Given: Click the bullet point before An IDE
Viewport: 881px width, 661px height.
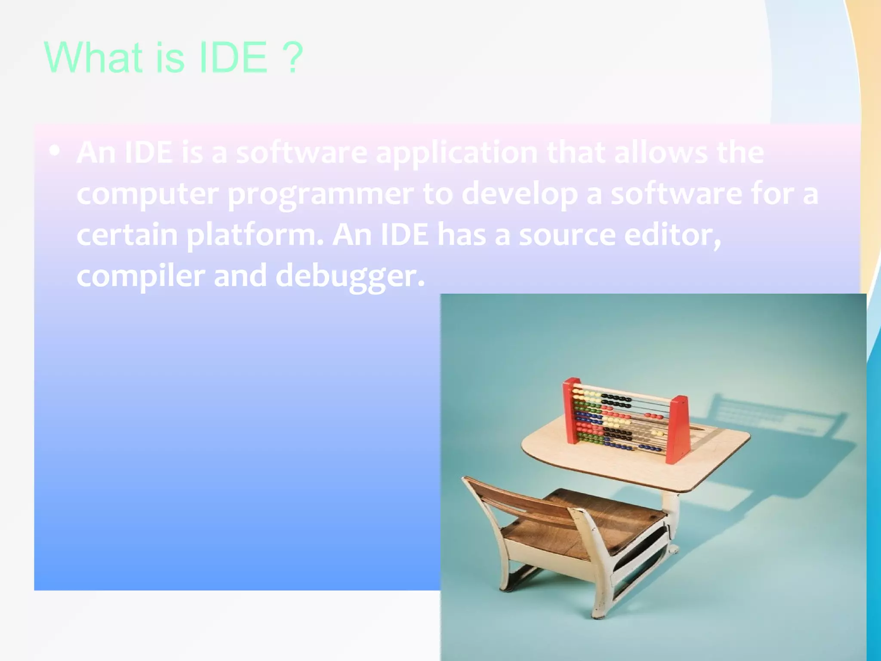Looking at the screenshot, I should point(55,151).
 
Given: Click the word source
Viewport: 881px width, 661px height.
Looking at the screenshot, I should point(567,235).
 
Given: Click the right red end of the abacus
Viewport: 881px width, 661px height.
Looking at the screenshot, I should point(678,428).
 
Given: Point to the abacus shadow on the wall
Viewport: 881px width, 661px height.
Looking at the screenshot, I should point(774,413).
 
